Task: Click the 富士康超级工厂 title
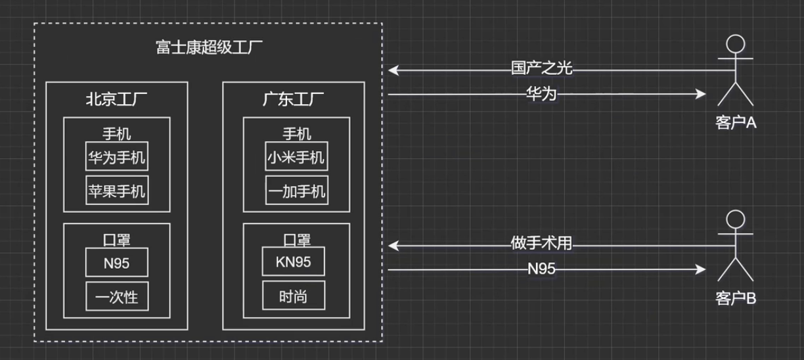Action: point(208,48)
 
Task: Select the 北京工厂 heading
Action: point(117,101)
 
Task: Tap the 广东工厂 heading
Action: point(294,101)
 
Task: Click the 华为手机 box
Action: point(117,157)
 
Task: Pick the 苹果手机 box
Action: point(117,191)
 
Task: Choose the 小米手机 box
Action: point(296,157)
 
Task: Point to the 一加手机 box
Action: point(296,191)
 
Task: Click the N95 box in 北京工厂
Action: point(117,263)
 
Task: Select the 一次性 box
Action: point(117,297)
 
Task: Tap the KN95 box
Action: point(294,262)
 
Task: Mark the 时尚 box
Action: point(294,297)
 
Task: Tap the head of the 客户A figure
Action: point(735,45)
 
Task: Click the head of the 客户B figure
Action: point(735,219)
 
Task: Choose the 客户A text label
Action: point(736,122)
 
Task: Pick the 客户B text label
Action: point(736,298)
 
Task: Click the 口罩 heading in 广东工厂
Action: point(296,240)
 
